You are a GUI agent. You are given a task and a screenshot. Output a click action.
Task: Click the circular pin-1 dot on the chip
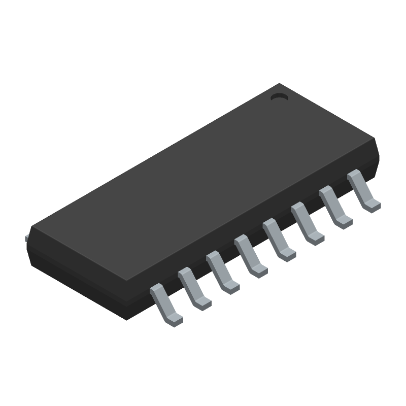[279, 96]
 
